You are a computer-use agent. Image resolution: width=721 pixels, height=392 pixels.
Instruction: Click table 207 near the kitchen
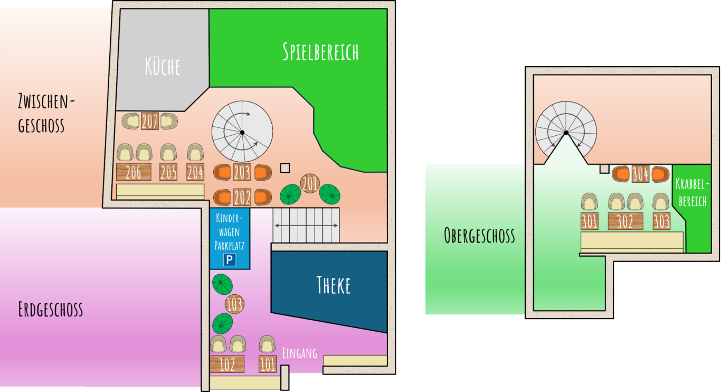point(150,122)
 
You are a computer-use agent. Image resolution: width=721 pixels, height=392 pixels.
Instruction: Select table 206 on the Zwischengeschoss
point(134,172)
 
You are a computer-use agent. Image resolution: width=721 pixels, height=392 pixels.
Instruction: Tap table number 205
point(168,172)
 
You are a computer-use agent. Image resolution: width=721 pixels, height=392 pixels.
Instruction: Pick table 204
point(195,172)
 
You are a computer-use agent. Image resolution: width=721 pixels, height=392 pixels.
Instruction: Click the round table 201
point(310,183)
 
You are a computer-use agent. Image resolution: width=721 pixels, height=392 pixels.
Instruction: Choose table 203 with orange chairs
point(242,172)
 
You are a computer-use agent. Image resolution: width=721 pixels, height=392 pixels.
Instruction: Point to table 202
point(242,198)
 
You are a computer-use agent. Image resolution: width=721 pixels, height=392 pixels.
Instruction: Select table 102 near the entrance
point(227,364)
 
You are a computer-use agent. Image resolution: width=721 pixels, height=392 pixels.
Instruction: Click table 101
point(268,364)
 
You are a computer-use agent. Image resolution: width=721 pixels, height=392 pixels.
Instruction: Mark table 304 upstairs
point(640,174)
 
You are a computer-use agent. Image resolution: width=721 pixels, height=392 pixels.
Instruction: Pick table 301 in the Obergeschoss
point(589,221)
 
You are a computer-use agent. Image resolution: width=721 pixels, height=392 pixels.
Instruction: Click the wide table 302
point(625,221)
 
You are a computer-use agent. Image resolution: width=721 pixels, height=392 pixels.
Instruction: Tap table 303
point(661,221)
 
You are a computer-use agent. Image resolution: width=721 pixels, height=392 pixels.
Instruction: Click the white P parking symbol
point(230,260)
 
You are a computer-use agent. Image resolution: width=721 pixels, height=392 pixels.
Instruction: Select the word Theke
point(334,285)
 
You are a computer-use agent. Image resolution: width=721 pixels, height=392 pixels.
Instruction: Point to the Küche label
point(163,67)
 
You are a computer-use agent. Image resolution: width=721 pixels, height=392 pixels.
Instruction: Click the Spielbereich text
point(320,52)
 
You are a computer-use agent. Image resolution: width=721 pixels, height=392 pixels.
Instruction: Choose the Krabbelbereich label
point(692,193)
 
